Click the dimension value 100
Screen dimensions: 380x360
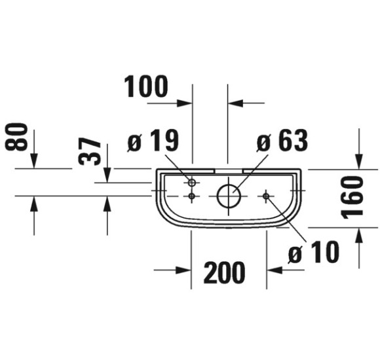click(x=146, y=86)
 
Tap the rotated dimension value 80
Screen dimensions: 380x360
click(x=16, y=137)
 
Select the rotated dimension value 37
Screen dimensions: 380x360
click(x=90, y=151)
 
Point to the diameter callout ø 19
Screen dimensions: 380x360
click(x=153, y=140)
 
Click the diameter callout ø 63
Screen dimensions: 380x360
click(x=282, y=140)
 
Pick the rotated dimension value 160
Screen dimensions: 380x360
click(x=352, y=197)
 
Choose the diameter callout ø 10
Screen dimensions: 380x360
click(x=314, y=252)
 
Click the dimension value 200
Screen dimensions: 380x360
click(x=225, y=272)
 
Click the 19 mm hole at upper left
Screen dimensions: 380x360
click(x=192, y=183)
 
